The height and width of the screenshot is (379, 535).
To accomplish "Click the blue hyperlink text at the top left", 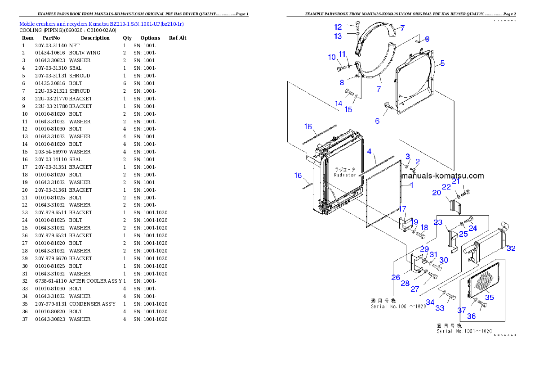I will pos(101,24).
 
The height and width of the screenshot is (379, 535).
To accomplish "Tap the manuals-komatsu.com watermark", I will pos(443,176).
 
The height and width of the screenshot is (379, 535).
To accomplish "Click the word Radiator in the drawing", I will pos(345,175).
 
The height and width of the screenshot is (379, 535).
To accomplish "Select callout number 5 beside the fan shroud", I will pos(442,63).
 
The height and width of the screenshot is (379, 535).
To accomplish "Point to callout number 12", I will pos(338,27).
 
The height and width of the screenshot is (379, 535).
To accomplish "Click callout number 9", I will pos(427,39).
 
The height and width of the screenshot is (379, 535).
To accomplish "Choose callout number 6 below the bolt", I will pos(377,121).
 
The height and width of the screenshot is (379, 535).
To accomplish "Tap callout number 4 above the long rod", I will pos(369,152).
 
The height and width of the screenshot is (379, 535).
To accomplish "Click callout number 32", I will pos(511,248).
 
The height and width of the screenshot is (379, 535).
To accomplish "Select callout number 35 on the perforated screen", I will pos(489,297).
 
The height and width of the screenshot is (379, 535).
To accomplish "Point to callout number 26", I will pos(396,277).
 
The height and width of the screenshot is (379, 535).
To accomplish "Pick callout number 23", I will pos(438,222).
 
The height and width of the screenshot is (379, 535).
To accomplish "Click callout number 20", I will pos(437,193).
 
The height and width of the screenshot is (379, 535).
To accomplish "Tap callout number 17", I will pos(403,209).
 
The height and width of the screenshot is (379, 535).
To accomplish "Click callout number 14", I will pos(338,104).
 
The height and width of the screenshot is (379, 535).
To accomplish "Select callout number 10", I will pos(332,57).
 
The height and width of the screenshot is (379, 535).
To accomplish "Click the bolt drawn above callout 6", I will pos(388,106).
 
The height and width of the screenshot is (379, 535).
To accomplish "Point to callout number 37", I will pos(462,310).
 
